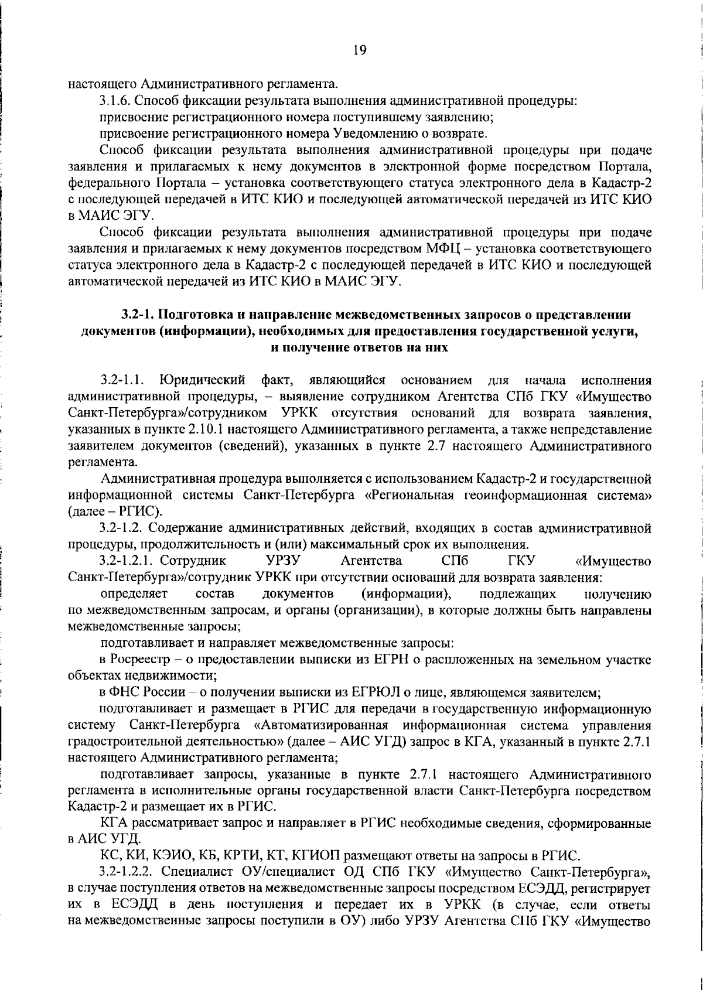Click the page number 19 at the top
[x=360, y=50]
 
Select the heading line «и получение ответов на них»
[x=359, y=347]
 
